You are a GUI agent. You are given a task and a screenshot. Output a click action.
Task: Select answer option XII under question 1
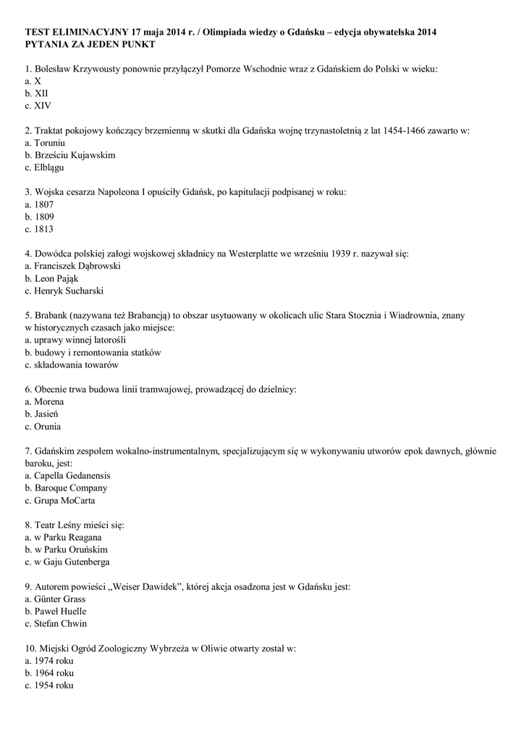37,93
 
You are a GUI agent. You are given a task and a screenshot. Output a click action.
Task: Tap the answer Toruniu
49,143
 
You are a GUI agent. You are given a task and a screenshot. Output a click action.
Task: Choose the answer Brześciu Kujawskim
69,155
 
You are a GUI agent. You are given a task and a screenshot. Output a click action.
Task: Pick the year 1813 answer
39,229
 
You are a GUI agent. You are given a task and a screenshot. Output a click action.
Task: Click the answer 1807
39,204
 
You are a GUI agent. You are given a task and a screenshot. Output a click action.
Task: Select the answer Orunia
43,426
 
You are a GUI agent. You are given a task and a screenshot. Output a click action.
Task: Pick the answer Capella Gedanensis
67,475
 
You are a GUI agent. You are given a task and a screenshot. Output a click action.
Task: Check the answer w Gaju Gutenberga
67,562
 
